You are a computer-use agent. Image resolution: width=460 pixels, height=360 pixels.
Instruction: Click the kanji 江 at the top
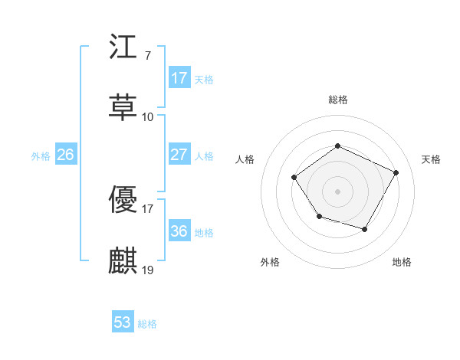(x=123, y=50)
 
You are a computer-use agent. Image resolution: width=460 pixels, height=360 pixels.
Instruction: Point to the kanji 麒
(x=123, y=260)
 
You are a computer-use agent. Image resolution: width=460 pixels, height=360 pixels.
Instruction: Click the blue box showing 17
(x=179, y=77)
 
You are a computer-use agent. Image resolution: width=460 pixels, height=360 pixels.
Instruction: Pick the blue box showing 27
(x=179, y=155)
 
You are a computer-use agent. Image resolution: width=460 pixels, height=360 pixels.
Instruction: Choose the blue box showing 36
(x=179, y=231)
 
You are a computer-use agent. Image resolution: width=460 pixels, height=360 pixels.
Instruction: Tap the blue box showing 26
(x=65, y=155)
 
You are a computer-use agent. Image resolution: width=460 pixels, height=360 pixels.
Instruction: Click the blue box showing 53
(x=123, y=322)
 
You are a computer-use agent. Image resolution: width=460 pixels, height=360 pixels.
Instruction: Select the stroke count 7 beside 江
(x=147, y=57)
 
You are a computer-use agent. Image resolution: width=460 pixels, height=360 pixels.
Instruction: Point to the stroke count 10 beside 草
(x=148, y=117)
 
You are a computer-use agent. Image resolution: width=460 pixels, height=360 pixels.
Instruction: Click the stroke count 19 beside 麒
(x=149, y=270)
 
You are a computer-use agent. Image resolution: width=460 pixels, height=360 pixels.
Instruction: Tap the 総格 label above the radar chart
(x=338, y=100)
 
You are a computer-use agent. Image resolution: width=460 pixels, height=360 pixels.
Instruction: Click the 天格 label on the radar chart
(x=431, y=159)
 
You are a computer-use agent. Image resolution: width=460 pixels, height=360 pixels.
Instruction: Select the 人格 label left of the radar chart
(x=245, y=159)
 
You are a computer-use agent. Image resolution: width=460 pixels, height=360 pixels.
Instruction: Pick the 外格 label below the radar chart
(x=270, y=262)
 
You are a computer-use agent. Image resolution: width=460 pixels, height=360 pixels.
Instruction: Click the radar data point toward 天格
(x=396, y=172)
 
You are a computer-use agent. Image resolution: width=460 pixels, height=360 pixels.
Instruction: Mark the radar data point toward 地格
(x=365, y=229)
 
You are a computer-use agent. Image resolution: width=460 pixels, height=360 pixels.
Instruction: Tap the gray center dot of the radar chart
(x=338, y=191)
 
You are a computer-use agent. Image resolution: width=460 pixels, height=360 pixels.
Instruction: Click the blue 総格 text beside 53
(x=147, y=324)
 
